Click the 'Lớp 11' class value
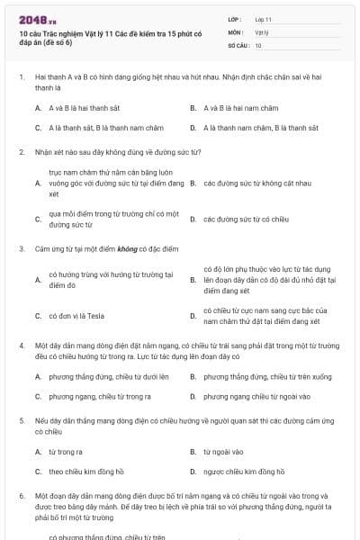click(x=263, y=18)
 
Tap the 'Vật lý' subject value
click(x=262, y=31)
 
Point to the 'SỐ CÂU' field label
click(x=238, y=44)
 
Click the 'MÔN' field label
click(x=235, y=31)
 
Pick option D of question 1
click(x=260, y=128)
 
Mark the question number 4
click(x=22, y=345)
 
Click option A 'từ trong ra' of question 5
click(x=65, y=452)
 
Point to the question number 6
click(x=22, y=496)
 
